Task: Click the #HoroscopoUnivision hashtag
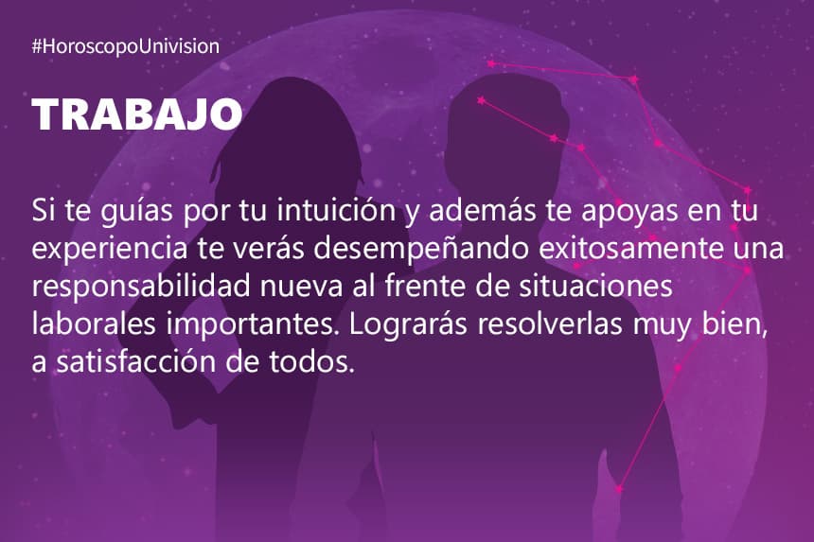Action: click(x=126, y=46)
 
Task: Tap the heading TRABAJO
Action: click(x=137, y=114)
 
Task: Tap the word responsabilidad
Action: click(x=141, y=287)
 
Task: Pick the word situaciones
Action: click(x=596, y=287)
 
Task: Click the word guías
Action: click(x=136, y=211)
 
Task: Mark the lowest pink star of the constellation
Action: click(x=619, y=489)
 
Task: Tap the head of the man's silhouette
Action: click(x=507, y=129)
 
